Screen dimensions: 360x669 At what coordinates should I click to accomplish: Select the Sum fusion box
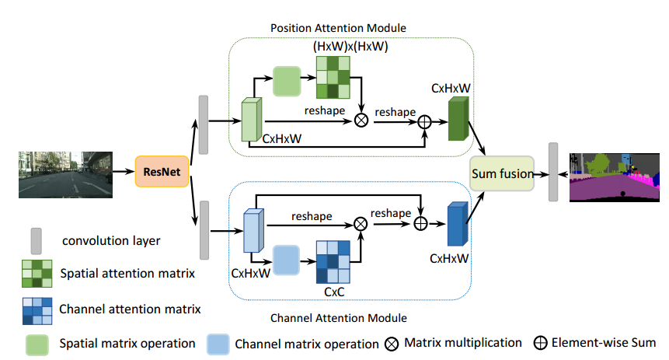click(x=502, y=173)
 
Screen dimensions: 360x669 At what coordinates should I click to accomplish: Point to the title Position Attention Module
click(x=338, y=28)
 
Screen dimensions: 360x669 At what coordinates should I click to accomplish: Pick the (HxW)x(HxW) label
click(x=350, y=47)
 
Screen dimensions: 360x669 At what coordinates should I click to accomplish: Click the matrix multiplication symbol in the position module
click(x=361, y=121)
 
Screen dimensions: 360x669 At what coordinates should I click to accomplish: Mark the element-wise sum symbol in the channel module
click(x=420, y=223)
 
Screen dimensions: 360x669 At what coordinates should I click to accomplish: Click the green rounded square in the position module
click(x=287, y=81)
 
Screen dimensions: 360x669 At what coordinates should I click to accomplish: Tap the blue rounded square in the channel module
click(x=287, y=259)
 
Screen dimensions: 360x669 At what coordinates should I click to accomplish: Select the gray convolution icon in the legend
click(x=35, y=240)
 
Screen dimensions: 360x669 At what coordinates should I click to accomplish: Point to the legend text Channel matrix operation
click(x=298, y=343)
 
